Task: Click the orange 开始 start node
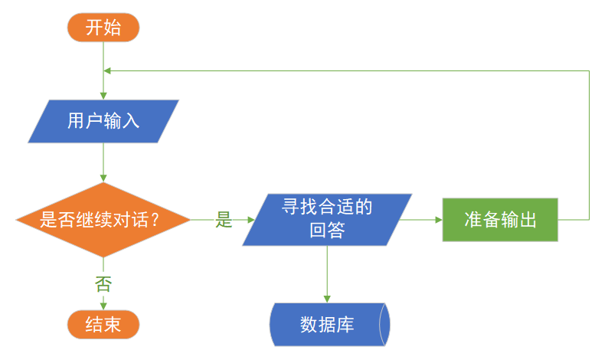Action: coord(103,28)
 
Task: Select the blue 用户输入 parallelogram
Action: coord(103,121)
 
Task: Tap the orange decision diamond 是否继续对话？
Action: coord(103,220)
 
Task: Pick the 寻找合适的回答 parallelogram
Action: coord(328,219)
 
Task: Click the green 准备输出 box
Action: coord(500,220)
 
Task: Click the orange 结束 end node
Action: coord(103,324)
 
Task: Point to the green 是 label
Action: coord(224,221)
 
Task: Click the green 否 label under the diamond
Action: coord(103,284)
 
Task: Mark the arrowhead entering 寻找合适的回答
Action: coord(250,220)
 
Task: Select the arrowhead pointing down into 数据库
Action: coord(328,297)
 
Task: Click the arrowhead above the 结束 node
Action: coord(103,305)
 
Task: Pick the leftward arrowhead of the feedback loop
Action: coord(108,70)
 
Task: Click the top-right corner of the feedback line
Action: coord(589,70)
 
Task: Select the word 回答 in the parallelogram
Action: coord(328,231)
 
